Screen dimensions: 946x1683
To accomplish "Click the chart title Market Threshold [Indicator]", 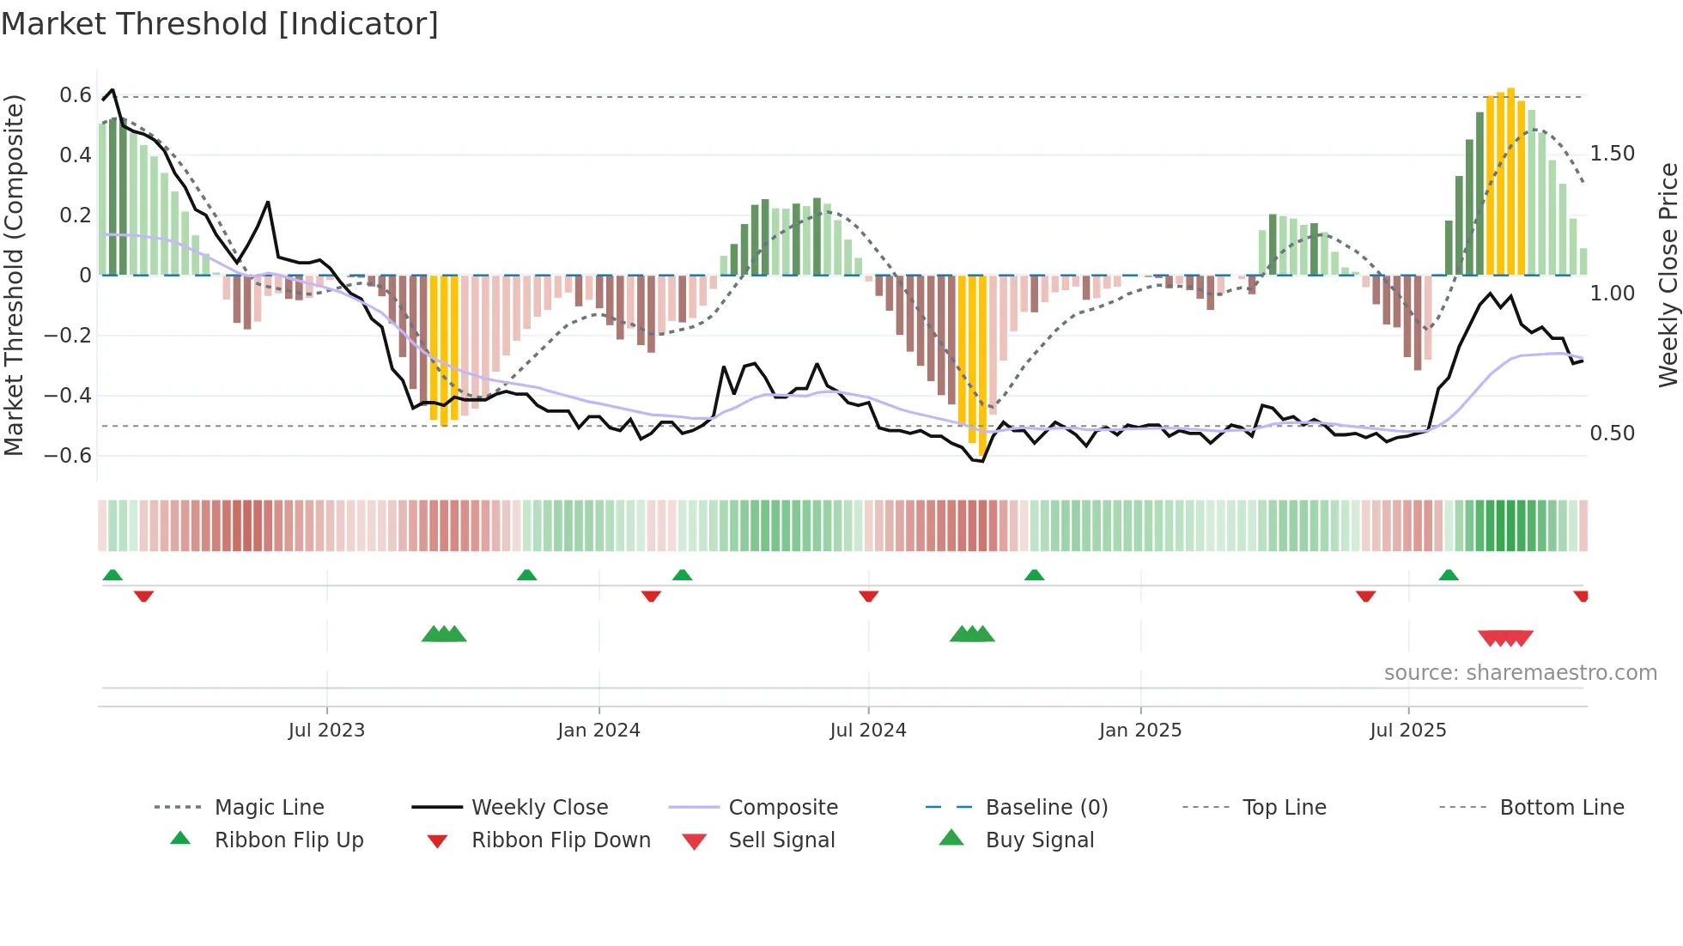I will coord(220,24).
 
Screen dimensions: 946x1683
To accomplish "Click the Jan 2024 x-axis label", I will coord(598,731).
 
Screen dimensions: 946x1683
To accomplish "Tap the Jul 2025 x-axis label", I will coord(1407,731).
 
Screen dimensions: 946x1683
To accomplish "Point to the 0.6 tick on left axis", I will coord(76,95).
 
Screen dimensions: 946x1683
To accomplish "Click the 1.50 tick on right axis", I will coord(1612,154).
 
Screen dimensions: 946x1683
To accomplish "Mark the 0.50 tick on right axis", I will coord(1612,434).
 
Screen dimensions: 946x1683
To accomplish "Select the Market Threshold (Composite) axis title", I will coord(14,275).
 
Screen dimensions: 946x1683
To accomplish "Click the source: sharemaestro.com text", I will coord(1520,673).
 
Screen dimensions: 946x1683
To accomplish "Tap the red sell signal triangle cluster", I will coord(1505,638).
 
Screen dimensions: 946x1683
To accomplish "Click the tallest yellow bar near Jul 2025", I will coord(1510,180).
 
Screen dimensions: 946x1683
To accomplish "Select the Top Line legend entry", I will coord(1284,808).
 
